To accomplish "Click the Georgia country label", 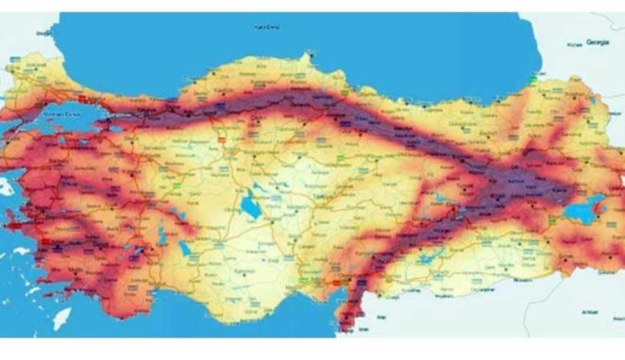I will tap(598, 42).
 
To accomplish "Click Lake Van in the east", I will tap(583, 211).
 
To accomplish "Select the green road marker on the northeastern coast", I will tap(533, 78).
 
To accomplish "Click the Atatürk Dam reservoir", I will tap(430, 258).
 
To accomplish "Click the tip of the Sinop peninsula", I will tap(309, 54).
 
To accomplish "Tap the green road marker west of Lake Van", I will tap(552, 219).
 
